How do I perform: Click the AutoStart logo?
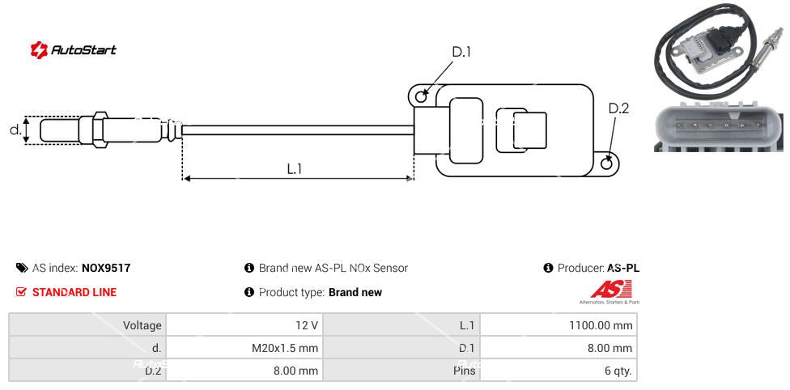click(74, 50)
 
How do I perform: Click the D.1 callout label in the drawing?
click(461, 53)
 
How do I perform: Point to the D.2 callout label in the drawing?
click(618, 108)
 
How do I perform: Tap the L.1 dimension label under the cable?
click(295, 168)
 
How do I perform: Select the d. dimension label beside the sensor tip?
click(15, 129)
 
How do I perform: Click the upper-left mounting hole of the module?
click(421, 97)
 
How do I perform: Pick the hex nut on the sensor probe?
click(100, 129)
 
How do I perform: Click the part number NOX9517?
click(106, 268)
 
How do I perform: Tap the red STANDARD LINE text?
click(74, 292)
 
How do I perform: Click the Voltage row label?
click(142, 325)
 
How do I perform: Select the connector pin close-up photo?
click(719, 126)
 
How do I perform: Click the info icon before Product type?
click(249, 292)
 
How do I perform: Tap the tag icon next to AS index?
click(22, 268)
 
